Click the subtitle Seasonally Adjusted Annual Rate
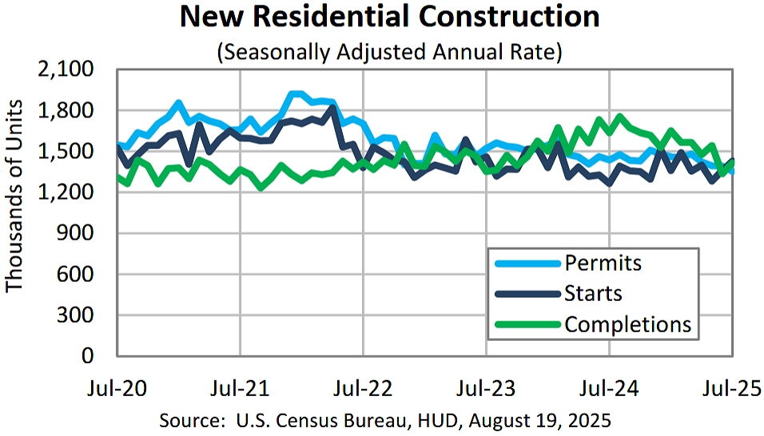pos(390,53)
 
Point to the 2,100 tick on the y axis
pos(72,70)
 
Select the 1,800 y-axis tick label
pos(72,111)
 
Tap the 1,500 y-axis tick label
pos(72,152)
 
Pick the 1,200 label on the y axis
pos(72,193)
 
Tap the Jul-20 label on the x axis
pos(116,389)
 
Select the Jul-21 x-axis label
pos(239,389)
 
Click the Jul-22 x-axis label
pos(363,389)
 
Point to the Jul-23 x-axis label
pos(486,389)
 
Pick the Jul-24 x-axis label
pos(610,389)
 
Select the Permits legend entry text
pos(603,263)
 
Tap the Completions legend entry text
pos(627,325)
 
